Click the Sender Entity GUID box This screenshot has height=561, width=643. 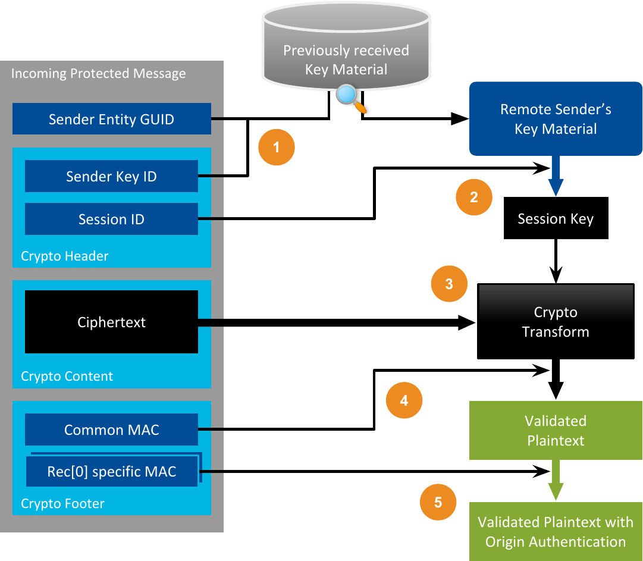click(112, 119)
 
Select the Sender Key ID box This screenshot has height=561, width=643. click(111, 176)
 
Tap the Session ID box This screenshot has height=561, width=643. click(111, 219)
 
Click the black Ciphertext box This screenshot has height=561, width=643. click(111, 322)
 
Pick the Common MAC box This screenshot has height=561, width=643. click(111, 430)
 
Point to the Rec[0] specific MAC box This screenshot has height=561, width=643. click(112, 472)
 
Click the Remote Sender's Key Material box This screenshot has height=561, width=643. click(556, 119)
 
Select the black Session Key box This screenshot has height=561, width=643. click(556, 219)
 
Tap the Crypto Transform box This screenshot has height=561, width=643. click(556, 322)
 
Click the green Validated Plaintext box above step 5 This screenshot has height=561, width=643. click(556, 431)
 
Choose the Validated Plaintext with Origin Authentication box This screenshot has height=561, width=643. click(556, 532)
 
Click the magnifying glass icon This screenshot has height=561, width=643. click(349, 98)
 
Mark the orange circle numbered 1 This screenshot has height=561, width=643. click(276, 146)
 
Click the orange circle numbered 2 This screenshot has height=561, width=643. click(473, 197)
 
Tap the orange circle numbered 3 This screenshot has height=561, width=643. click(448, 284)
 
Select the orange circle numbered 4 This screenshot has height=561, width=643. click(404, 400)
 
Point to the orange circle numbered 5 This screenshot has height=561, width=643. click(438, 502)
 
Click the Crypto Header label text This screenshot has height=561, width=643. click(65, 256)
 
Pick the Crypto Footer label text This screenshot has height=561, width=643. click(62, 504)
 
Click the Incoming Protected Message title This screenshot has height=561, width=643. click(99, 74)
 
